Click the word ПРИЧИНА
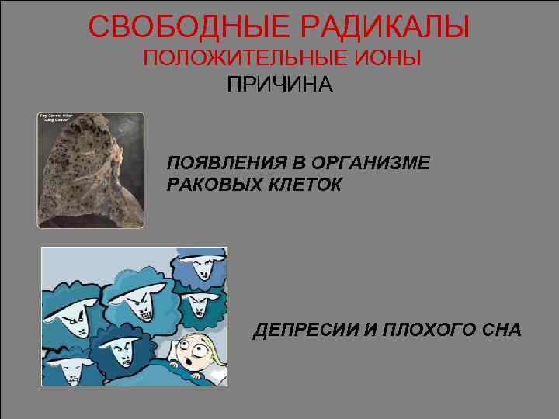tap(279, 85)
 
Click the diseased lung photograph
tap(91, 171)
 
